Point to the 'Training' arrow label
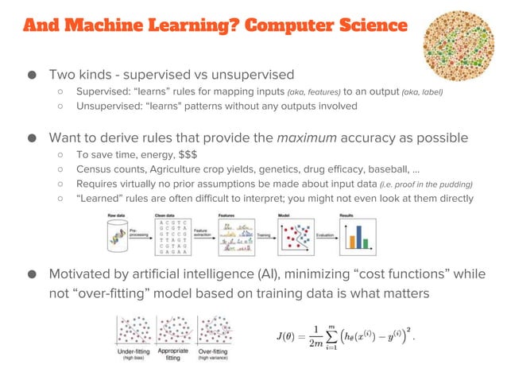click(268, 236)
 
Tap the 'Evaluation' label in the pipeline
click(325, 236)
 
